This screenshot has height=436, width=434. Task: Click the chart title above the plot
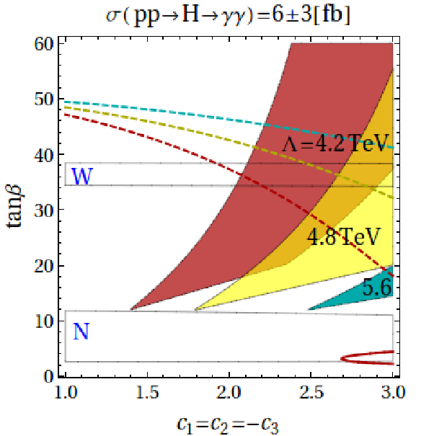click(x=228, y=17)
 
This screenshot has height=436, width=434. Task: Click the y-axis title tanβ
click(x=14, y=207)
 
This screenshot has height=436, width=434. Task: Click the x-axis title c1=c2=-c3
click(x=228, y=425)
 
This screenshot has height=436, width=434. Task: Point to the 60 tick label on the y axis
click(x=43, y=44)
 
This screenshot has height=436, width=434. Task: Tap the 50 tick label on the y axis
click(x=43, y=99)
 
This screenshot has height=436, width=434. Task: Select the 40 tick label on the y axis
click(x=43, y=155)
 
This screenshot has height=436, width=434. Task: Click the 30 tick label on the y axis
click(x=43, y=210)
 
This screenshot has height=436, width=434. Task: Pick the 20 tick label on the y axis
click(x=43, y=266)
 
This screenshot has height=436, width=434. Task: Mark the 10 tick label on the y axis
click(x=43, y=321)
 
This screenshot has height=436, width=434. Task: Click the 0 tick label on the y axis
click(x=48, y=376)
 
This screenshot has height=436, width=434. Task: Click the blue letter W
click(x=81, y=177)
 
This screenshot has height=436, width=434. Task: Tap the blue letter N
click(x=81, y=332)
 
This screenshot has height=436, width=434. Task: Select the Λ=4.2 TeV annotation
click(x=335, y=143)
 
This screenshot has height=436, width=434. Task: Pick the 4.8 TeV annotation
click(x=343, y=237)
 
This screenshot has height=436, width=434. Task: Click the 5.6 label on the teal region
click(x=377, y=287)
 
